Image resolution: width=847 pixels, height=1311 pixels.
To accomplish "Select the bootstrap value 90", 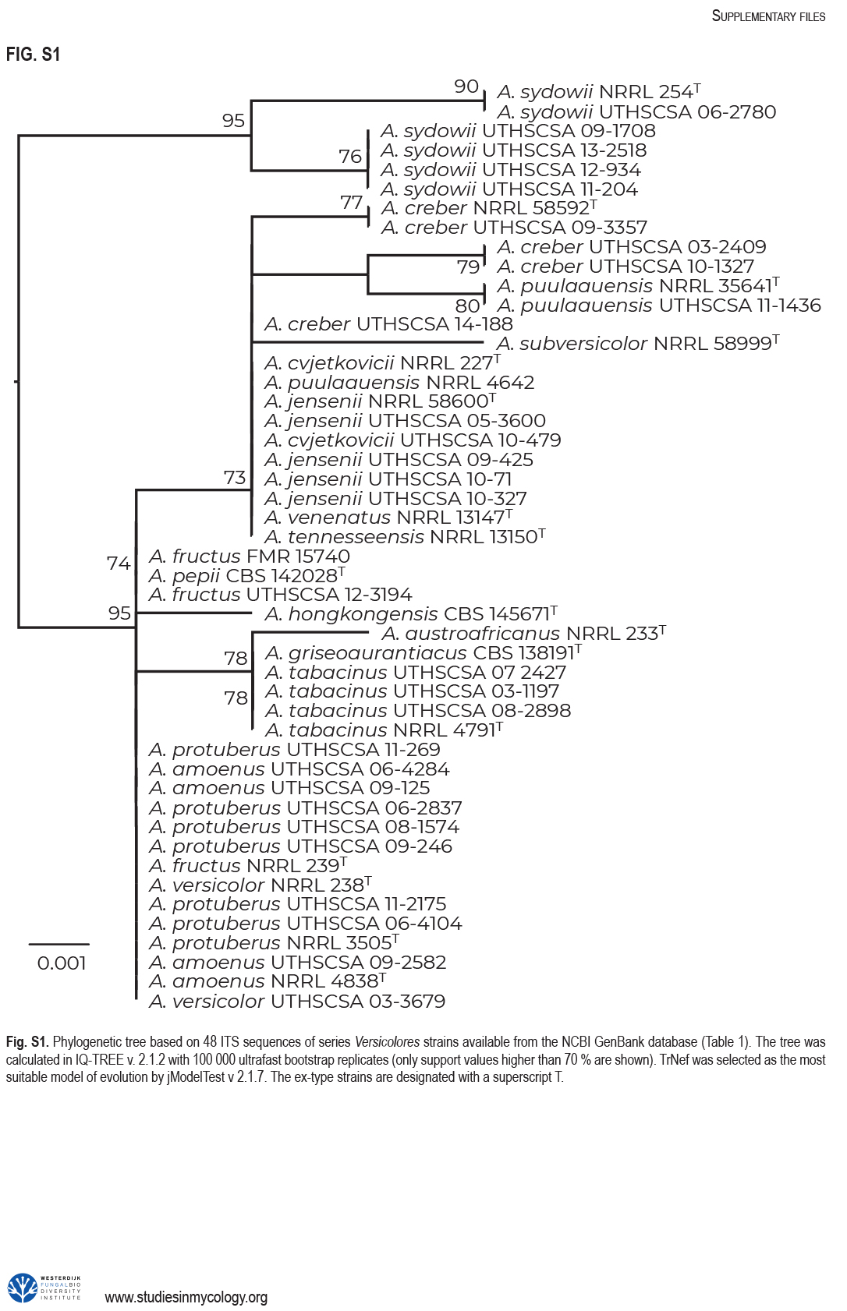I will (466, 87).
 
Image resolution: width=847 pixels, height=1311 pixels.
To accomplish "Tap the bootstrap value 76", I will (350, 157).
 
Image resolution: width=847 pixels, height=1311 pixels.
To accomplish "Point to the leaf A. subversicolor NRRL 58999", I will (637, 344).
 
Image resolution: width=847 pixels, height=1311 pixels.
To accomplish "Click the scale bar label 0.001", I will (62, 963).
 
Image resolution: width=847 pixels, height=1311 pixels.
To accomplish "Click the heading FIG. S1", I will (33, 55).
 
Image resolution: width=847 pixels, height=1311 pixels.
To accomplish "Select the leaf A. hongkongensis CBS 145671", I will (410, 614).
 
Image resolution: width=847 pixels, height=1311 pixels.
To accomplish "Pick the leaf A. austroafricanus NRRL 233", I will (523, 634).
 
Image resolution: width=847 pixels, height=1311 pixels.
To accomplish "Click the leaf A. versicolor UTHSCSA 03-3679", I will (297, 1002).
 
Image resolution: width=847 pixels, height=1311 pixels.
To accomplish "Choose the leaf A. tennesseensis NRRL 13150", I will (404, 537).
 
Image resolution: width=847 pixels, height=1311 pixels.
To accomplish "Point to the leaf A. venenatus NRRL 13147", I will (388, 518).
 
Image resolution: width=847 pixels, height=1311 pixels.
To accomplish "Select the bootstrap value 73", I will (235, 478).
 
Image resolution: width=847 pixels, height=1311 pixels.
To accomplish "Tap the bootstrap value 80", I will (467, 306).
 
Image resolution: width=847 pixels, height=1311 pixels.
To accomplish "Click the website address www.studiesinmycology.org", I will (186, 1297).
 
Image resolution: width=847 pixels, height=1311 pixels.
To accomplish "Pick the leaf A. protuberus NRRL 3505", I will (273, 943).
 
